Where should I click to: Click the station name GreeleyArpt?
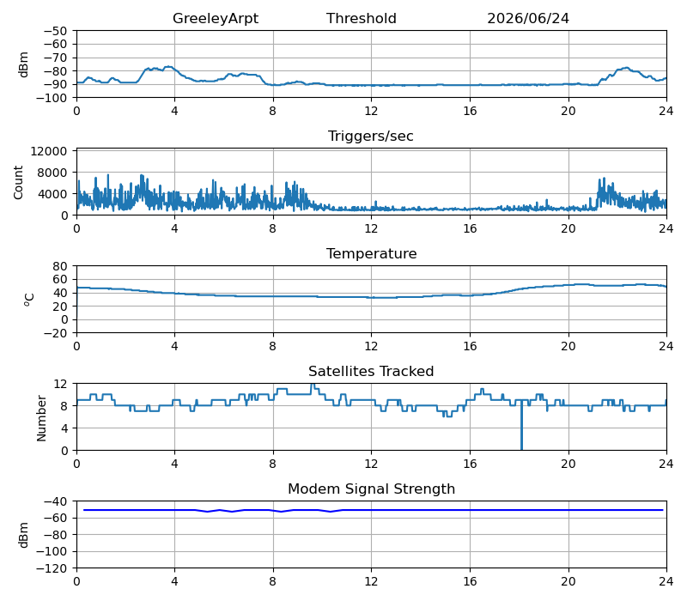click(216, 18)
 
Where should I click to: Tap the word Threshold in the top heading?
click(362, 18)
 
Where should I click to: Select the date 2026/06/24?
click(528, 18)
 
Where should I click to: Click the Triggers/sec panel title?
click(371, 136)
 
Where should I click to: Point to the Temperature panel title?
click(372, 253)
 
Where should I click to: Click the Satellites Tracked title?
click(371, 371)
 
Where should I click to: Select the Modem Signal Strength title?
click(372, 489)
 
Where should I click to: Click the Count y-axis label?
click(18, 183)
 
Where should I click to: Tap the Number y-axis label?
click(41, 418)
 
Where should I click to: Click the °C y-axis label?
click(29, 300)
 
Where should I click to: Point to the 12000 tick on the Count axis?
click(49, 151)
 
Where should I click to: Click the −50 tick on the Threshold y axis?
click(55, 31)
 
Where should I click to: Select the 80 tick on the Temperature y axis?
click(60, 266)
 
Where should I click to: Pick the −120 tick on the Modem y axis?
click(52, 568)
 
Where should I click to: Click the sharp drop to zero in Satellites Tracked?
click(521, 425)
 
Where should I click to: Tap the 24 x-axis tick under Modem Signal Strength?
click(666, 582)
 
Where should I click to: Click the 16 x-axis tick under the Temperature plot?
click(470, 346)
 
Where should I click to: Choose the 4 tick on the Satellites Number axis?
click(64, 428)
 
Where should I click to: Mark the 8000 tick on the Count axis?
click(52, 173)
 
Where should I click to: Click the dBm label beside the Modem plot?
click(24, 535)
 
